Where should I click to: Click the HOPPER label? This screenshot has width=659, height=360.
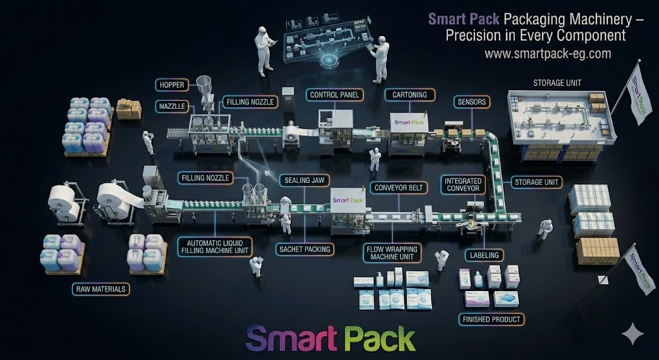coord(172,84)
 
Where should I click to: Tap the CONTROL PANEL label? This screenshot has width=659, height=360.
coord(334,95)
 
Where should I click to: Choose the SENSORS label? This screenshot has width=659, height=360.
coord(472,102)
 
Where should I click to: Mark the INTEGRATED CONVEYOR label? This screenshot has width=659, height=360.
coord(463,185)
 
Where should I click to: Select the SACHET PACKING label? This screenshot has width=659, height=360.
coord(304,249)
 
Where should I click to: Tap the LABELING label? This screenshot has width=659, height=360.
coord(484,255)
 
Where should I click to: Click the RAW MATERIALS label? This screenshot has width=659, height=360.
coord(100,289)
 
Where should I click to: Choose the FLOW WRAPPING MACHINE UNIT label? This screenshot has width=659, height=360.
coord(391,252)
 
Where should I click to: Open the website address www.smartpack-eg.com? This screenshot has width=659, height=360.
coord(547,54)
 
